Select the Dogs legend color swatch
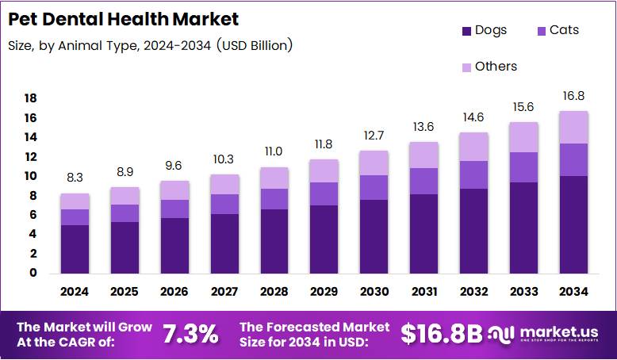(x=466, y=31)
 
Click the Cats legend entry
(x=558, y=30)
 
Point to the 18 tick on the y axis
(x=30, y=98)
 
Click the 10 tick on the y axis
(x=30, y=176)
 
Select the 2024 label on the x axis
(x=75, y=292)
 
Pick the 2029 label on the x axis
(x=324, y=292)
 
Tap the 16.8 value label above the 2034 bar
(x=573, y=97)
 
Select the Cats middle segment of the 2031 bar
(x=423, y=181)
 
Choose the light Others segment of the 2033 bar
(x=523, y=137)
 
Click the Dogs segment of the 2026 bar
(x=174, y=246)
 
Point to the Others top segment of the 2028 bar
(x=274, y=178)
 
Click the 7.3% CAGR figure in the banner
(x=190, y=334)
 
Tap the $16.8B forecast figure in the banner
(x=441, y=334)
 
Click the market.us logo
(x=547, y=334)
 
